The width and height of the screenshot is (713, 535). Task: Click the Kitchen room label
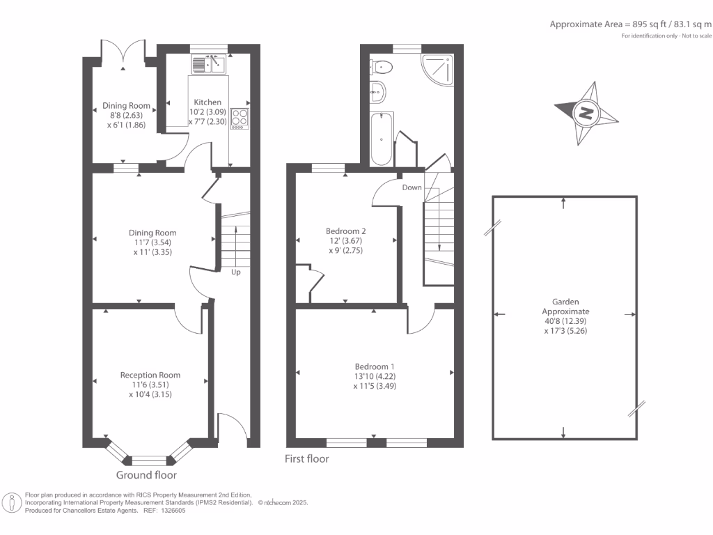point(207,102)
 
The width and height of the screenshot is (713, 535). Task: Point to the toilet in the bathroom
point(382,67)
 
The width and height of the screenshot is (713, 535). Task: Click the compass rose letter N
point(586,112)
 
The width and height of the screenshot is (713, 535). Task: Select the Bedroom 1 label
point(375,366)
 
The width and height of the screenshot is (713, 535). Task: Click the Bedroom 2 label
point(346,231)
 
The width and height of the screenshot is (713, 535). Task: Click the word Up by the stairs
point(236,272)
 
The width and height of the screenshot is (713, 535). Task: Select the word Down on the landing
point(412,187)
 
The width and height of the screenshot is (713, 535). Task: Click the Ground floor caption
point(146,475)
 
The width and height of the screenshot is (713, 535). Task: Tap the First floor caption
point(307,459)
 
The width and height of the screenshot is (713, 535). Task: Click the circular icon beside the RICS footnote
point(11,502)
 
